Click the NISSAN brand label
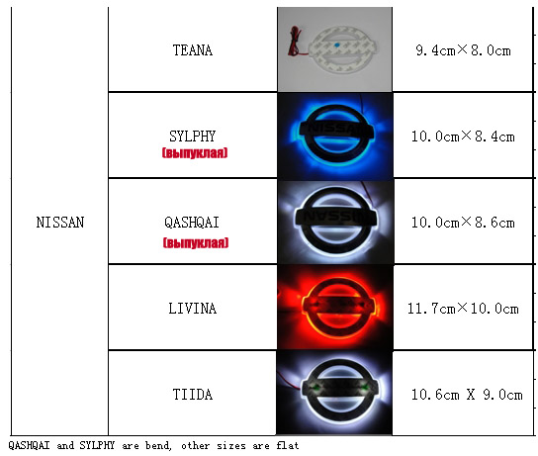click(60, 223)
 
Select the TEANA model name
click(193, 50)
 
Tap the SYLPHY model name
click(192, 137)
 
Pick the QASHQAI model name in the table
click(192, 223)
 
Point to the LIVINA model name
click(193, 309)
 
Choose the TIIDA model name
click(193, 395)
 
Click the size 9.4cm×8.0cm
click(463, 50)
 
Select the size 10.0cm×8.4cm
click(463, 137)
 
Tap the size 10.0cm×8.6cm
click(463, 223)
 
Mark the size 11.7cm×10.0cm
click(463, 309)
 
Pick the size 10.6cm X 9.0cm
click(467, 395)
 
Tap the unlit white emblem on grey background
click(342, 49)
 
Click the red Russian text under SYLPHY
click(195, 152)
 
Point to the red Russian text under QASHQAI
click(196, 243)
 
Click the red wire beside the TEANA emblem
click(295, 42)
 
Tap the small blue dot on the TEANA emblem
click(336, 45)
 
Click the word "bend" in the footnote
click(158, 445)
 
